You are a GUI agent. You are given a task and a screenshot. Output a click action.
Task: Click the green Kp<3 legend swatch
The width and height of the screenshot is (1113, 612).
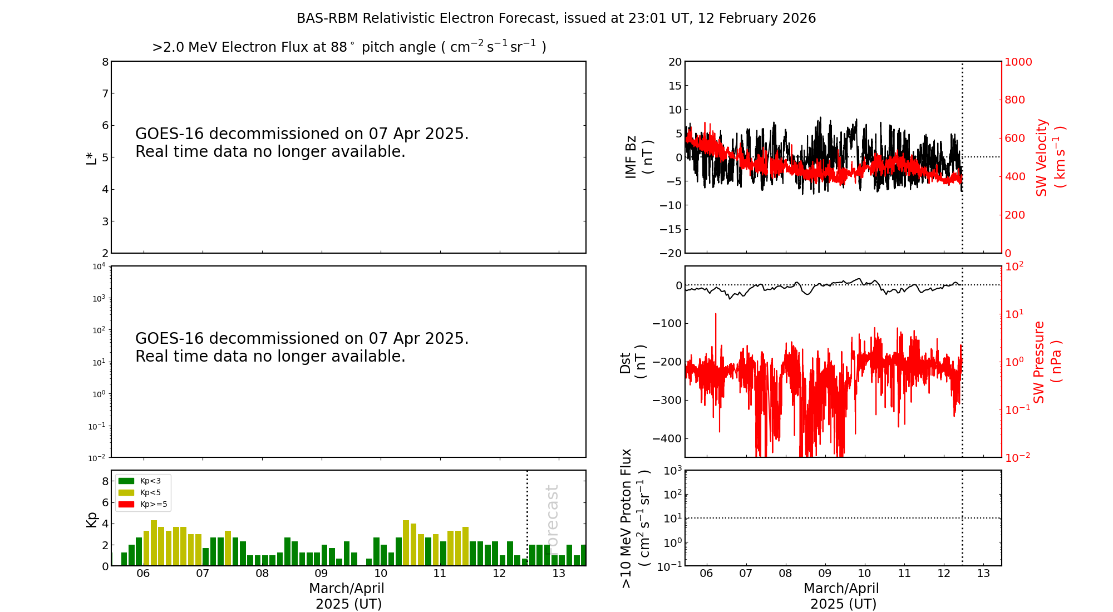click(x=126, y=481)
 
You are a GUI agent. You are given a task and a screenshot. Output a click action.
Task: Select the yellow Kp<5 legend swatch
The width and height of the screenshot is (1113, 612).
click(x=126, y=492)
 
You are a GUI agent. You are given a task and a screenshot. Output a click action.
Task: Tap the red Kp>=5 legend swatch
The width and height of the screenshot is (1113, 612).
click(x=126, y=505)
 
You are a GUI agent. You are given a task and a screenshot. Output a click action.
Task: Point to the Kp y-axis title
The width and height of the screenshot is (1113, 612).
click(x=92, y=519)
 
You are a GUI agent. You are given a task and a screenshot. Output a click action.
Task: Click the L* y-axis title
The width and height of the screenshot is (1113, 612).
click(x=92, y=157)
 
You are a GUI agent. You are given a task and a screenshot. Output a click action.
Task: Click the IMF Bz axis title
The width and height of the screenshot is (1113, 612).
click(x=639, y=157)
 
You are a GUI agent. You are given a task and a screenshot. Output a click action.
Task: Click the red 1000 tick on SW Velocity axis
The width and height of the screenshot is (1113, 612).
click(x=1018, y=62)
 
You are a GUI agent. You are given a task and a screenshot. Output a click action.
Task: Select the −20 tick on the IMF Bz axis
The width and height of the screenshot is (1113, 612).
click(x=670, y=253)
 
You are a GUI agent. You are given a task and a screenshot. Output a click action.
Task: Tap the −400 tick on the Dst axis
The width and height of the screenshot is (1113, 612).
click(x=667, y=438)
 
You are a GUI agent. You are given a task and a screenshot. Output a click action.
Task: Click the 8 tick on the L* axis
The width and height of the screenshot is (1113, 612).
click(x=105, y=62)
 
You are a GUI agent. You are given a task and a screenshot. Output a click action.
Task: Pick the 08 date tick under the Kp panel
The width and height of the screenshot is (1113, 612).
click(x=262, y=574)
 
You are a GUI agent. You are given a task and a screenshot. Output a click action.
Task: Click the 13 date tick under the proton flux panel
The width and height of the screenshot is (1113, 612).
click(x=983, y=574)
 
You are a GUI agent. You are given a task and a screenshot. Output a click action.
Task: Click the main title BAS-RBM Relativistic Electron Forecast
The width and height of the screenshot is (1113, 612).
click(x=556, y=18)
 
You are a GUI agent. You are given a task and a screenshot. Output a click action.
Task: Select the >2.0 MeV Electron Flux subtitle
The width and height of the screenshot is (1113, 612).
click(x=349, y=47)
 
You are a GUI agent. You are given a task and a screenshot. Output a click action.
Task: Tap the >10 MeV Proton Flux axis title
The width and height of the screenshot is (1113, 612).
click(x=635, y=518)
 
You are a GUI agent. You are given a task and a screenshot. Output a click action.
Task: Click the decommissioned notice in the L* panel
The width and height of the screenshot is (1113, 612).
click(x=302, y=142)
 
